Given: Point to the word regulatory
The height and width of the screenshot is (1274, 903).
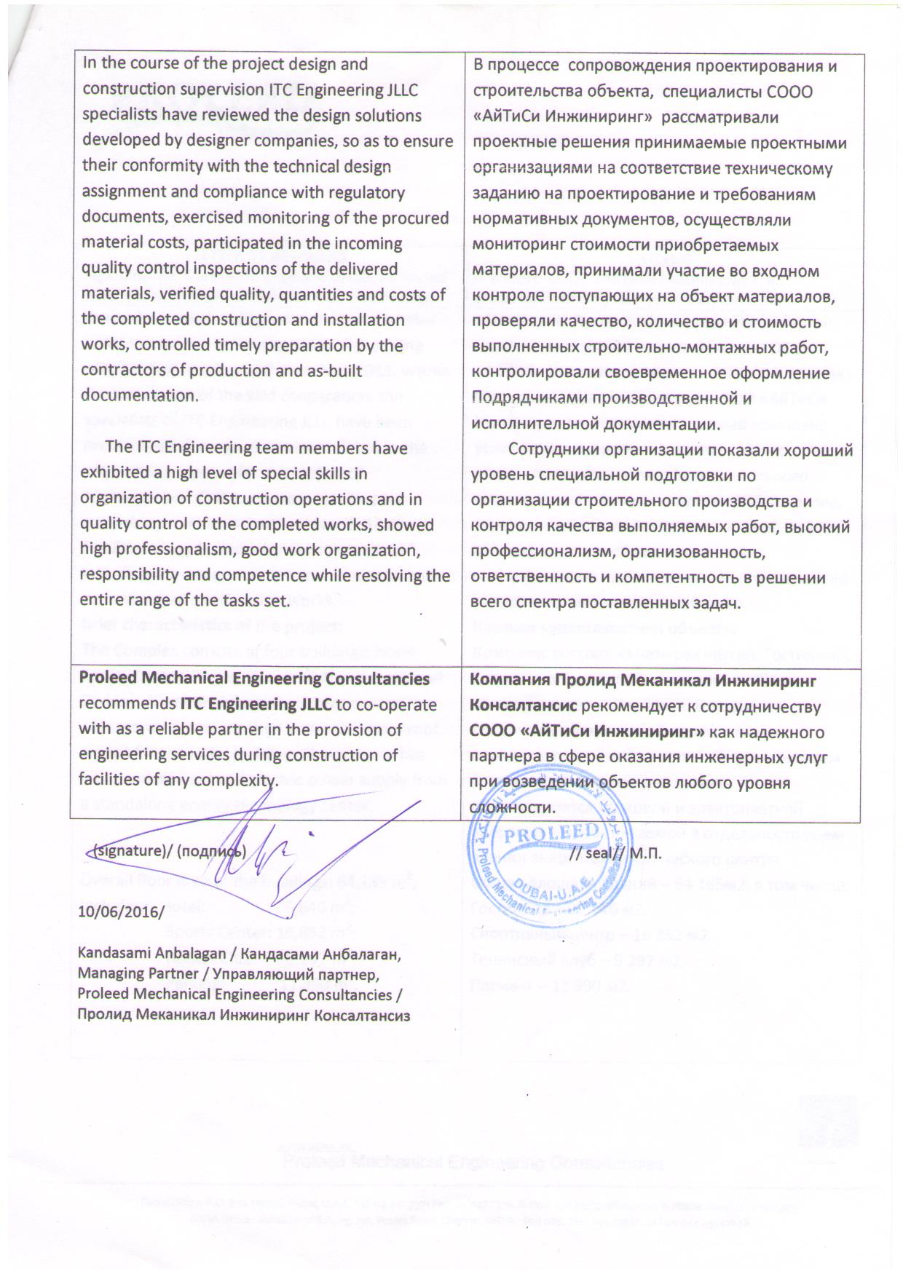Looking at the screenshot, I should pyautogui.click(x=368, y=192).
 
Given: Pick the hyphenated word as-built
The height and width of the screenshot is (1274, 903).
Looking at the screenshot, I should pyautogui.click(x=326, y=371).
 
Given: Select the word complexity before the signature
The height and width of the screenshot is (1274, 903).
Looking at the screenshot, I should pyautogui.click(x=240, y=781).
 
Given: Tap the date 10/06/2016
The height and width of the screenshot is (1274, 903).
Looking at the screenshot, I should pyautogui.click(x=120, y=911).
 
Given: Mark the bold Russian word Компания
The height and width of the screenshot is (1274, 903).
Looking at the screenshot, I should pyautogui.click(x=513, y=681).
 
